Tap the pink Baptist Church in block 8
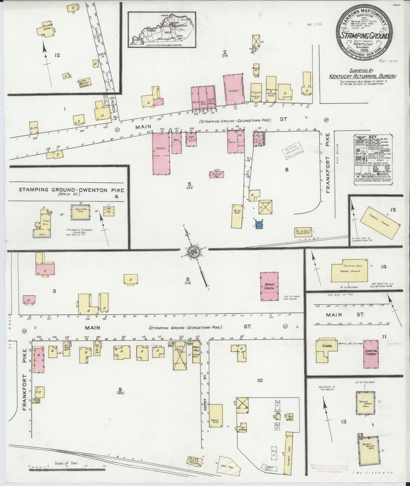(x=269, y=286)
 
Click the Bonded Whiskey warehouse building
(x=369, y=453)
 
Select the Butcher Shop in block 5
(x=216, y=174)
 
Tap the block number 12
(x=57, y=55)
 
